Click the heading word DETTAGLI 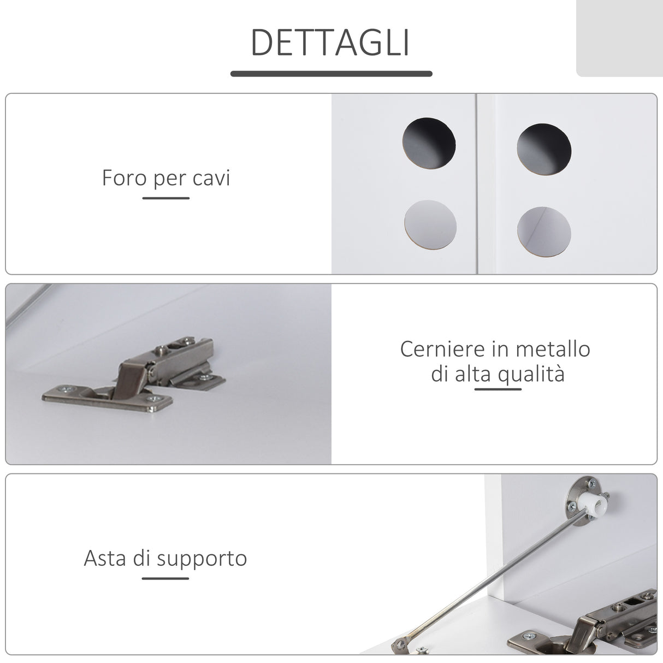(330, 43)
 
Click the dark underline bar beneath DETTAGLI (331, 73)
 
